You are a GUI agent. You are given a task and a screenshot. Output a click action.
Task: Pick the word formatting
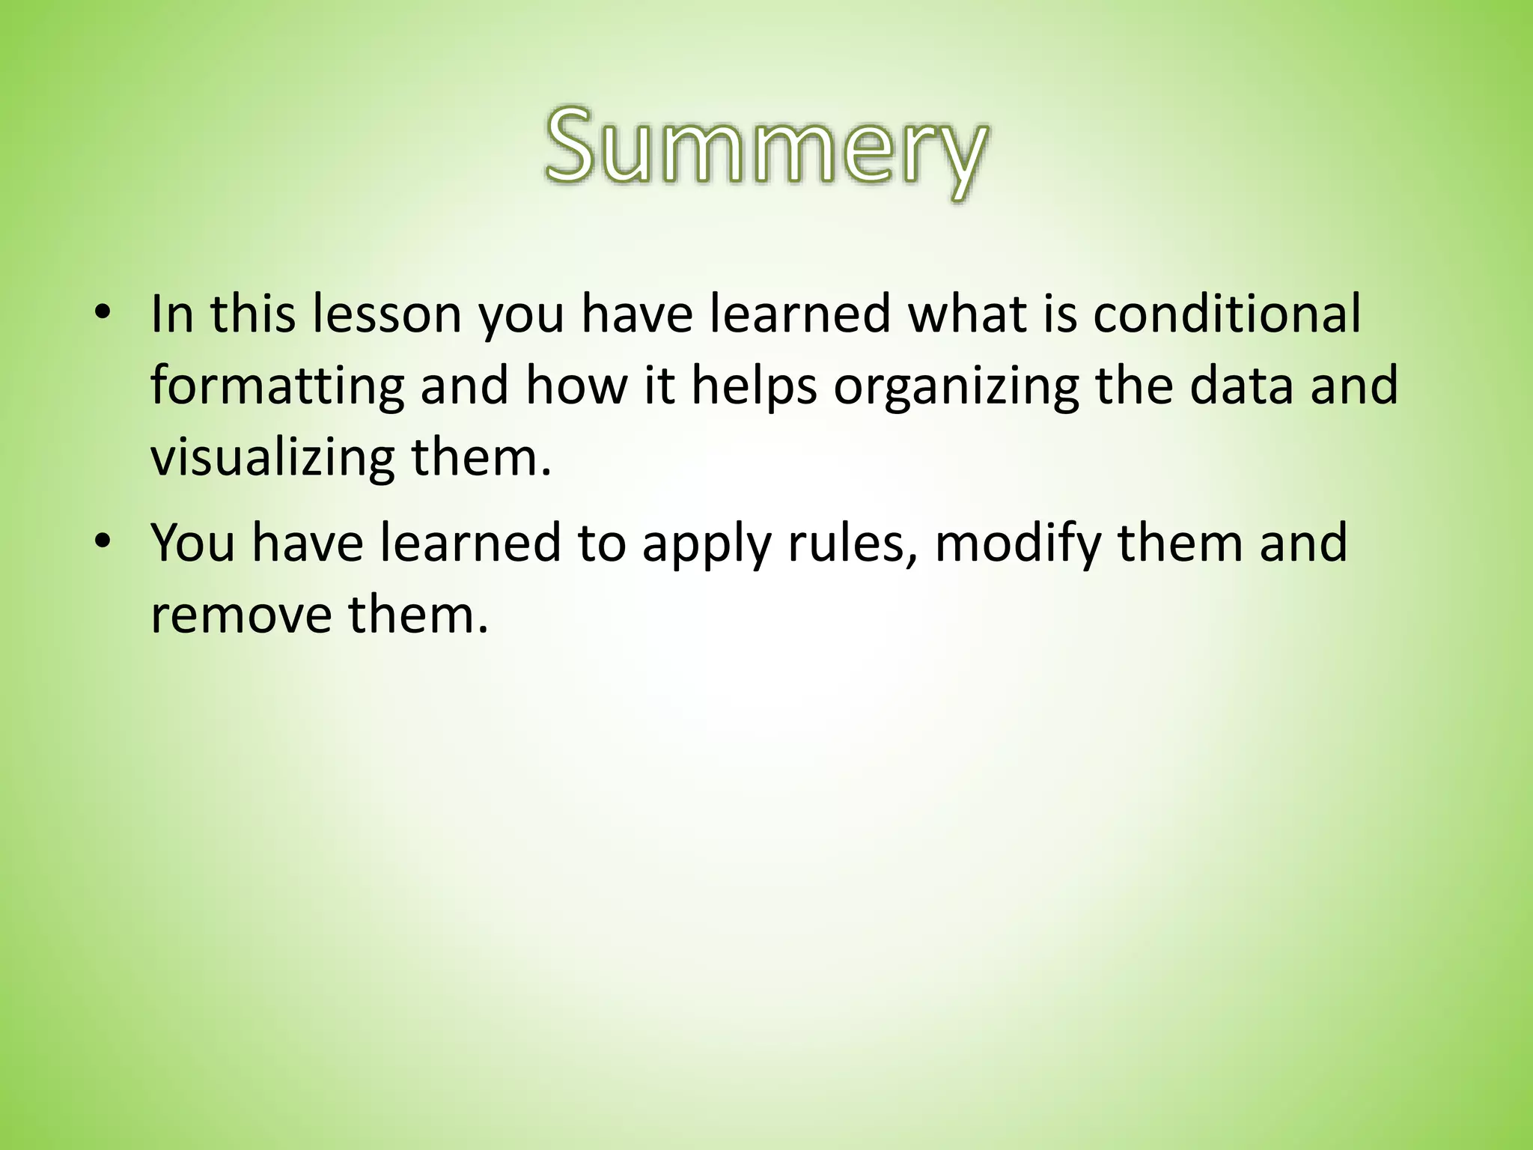pos(277,386)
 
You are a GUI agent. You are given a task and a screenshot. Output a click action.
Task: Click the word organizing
pos(956,386)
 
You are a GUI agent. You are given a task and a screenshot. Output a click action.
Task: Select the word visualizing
pos(272,458)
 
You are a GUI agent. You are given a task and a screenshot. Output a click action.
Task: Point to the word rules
pos(853,542)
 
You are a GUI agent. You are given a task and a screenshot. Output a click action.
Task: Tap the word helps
pos(753,386)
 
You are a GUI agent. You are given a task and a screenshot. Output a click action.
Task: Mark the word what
pos(965,314)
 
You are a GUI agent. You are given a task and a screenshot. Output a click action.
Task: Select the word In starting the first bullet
pos(172,314)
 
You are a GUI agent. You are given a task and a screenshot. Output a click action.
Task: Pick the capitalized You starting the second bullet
pos(193,542)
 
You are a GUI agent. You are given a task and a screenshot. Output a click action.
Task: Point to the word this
pos(253,314)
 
